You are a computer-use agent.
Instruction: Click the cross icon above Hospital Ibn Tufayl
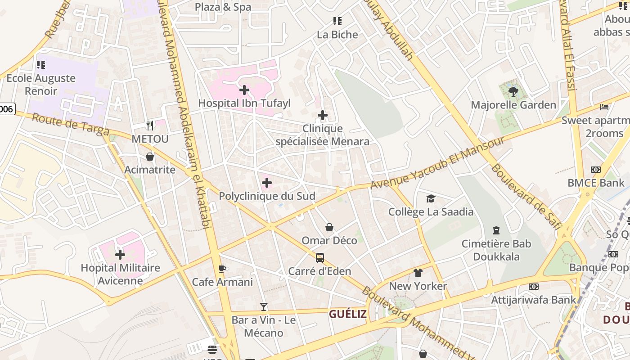click(x=244, y=90)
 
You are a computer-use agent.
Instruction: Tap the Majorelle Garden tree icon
click(x=513, y=92)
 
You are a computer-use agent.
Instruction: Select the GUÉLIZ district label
click(x=347, y=314)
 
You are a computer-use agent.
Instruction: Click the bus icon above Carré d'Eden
click(x=320, y=258)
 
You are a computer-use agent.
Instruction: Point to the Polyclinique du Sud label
click(x=267, y=196)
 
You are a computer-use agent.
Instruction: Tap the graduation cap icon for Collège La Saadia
click(x=431, y=198)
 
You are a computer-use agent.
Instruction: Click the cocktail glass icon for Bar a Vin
click(x=264, y=307)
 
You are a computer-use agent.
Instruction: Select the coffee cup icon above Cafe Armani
click(x=222, y=269)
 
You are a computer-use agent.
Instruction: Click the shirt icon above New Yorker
click(x=418, y=273)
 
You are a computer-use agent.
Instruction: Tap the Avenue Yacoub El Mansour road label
click(x=437, y=163)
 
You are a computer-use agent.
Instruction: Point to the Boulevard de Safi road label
click(x=525, y=197)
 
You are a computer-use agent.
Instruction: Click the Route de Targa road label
click(x=71, y=125)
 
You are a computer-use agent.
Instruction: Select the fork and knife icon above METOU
click(x=150, y=126)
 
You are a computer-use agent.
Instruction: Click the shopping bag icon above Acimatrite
click(x=150, y=157)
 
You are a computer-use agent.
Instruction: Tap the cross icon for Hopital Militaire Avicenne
click(x=120, y=255)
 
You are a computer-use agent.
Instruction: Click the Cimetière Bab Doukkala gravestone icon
click(x=496, y=230)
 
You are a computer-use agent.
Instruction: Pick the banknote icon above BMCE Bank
click(x=596, y=170)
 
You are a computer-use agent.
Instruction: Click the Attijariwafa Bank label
click(x=533, y=300)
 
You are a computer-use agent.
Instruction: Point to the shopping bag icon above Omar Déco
click(x=329, y=227)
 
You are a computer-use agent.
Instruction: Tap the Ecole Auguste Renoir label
click(x=41, y=85)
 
